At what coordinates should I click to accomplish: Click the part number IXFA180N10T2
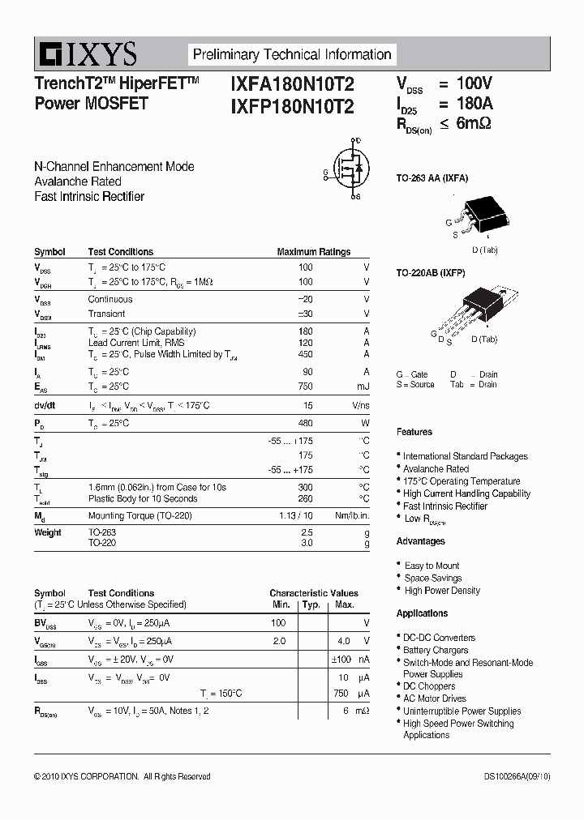pos(292,83)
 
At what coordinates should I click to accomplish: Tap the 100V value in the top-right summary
pos(474,83)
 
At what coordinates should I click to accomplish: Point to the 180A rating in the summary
pos(474,104)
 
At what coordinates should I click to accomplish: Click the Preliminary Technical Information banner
pos(292,55)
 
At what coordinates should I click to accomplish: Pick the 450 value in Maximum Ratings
pos(304,354)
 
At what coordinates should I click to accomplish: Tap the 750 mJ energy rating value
pos(305,387)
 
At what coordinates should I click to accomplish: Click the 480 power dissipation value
pos(305,423)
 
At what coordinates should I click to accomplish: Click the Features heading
pos(414,432)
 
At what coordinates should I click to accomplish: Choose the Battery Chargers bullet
pos(436,650)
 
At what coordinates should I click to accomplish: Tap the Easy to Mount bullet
pos(432,566)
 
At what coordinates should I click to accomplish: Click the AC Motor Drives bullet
pos(435,698)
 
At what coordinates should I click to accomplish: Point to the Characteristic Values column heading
pos(314,593)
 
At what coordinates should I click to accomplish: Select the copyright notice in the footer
pos(122,776)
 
